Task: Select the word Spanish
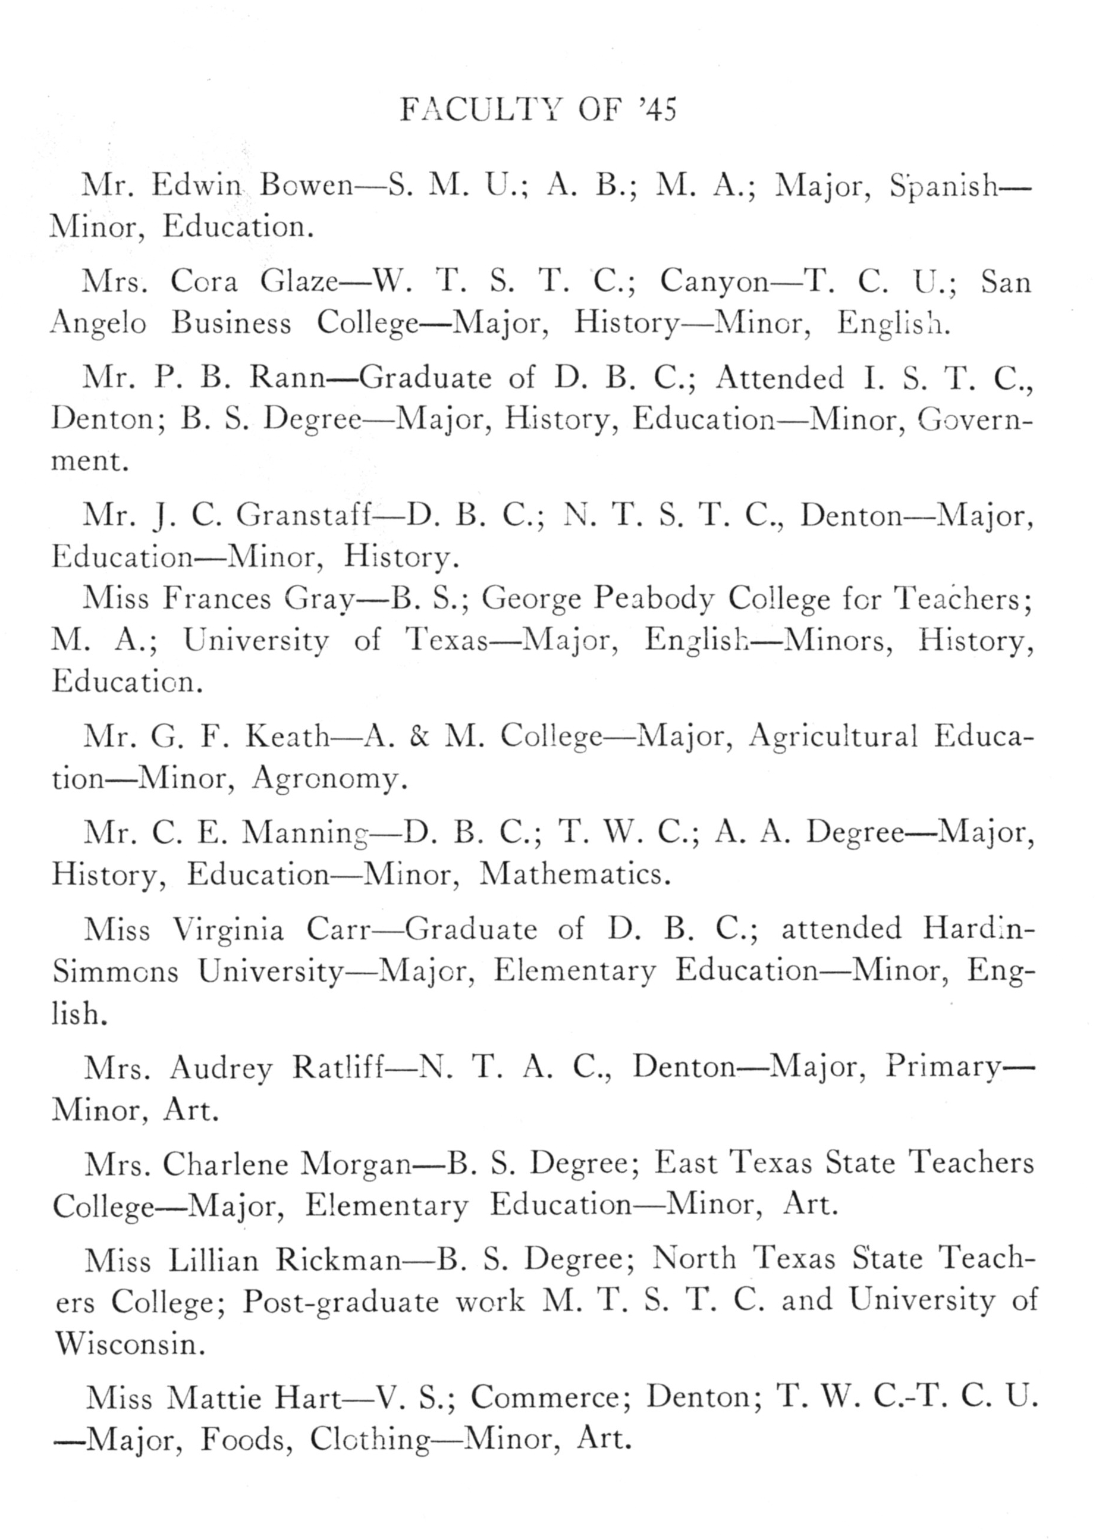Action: (943, 186)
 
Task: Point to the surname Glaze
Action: (299, 281)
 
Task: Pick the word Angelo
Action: (99, 325)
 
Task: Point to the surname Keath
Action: (286, 736)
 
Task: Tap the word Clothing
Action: (369, 1440)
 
